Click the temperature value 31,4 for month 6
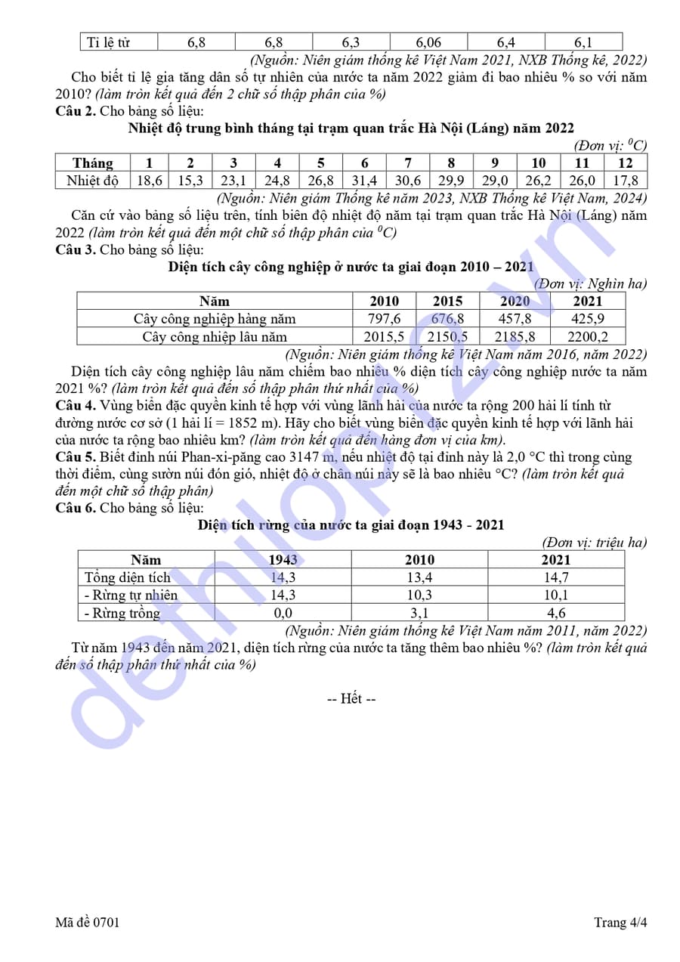coord(364,181)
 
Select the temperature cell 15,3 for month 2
coord(190,181)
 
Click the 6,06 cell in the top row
coord(428,42)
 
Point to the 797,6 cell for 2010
coord(384,319)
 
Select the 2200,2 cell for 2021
coord(589,337)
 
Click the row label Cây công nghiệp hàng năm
coord(215,319)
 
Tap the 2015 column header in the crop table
coord(447,301)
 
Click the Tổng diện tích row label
coord(128,578)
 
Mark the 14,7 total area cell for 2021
coord(556,578)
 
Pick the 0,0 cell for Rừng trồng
coord(283,613)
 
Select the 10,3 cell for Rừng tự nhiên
coord(419,595)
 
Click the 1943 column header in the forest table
coord(283,560)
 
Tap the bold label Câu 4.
coord(76,406)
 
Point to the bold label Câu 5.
coord(76,457)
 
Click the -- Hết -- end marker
coord(351,699)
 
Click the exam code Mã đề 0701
coord(87,923)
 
